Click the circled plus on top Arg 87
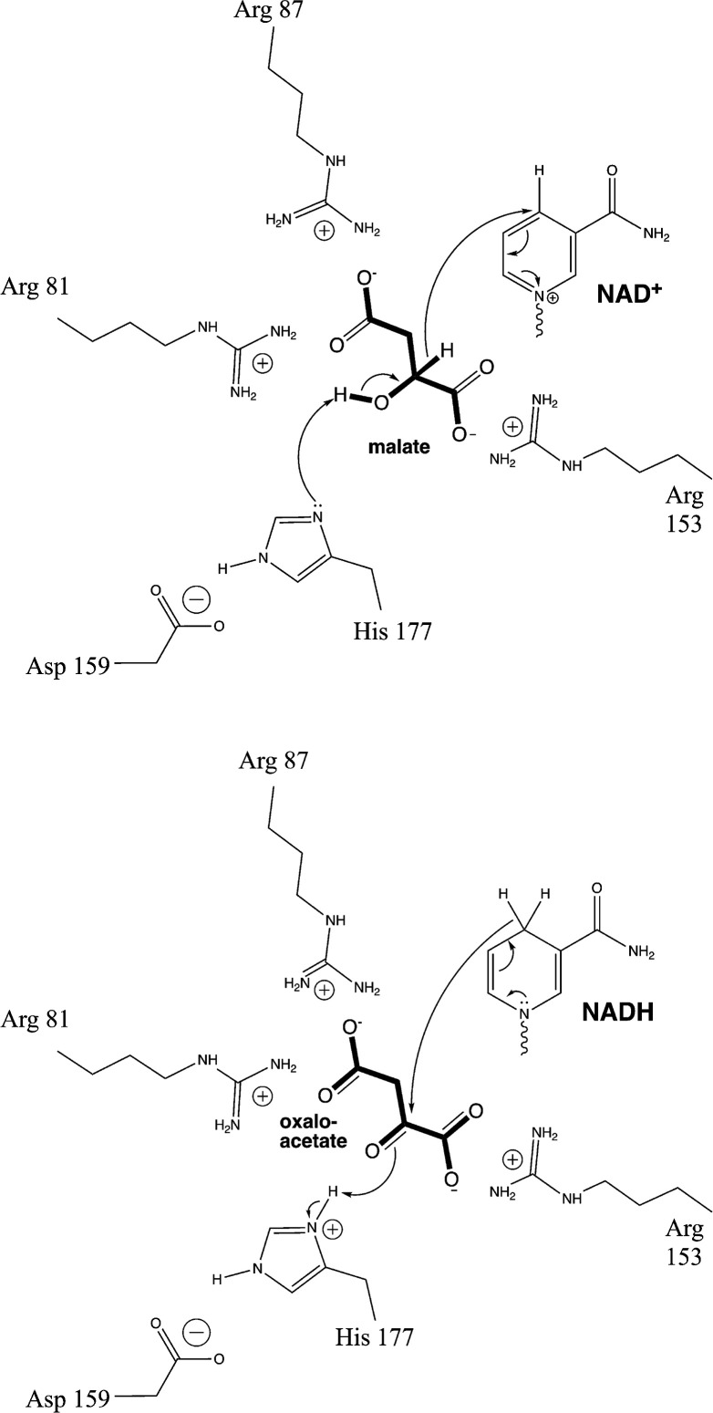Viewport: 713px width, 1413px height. click(324, 232)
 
